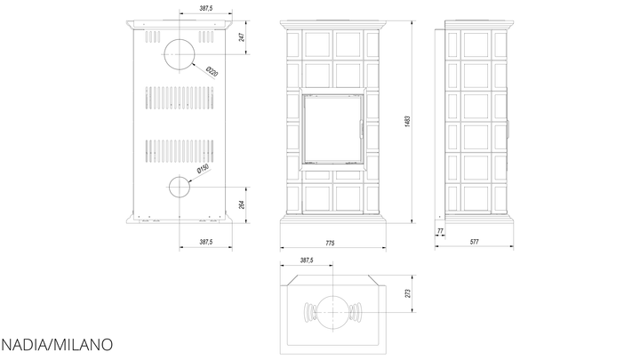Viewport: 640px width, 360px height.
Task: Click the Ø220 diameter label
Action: click(212, 71)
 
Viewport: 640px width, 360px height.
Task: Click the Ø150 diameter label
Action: click(203, 169)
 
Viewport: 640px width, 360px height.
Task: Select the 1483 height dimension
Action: click(408, 122)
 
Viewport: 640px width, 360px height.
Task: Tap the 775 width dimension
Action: click(330, 244)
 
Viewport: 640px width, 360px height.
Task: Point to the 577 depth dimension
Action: click(474, 242)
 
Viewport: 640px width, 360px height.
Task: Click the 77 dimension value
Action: click(440, 231)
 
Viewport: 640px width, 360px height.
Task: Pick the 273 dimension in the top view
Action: click(408, 293)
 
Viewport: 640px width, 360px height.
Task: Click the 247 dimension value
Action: click(241, 37)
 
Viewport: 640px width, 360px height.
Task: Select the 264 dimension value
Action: click(241, 205)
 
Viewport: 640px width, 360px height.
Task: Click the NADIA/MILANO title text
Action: click(57, 345)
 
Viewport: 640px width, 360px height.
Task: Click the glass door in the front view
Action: click(333, 129)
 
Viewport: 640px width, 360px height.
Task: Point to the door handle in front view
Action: click(361, 130)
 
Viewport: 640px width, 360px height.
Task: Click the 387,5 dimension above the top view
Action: click(307, 260)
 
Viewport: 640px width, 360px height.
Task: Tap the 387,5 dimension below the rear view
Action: click(206, 242)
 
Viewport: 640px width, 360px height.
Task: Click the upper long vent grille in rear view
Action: click(180, 98)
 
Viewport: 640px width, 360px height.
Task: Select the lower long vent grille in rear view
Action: click(180, 151)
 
